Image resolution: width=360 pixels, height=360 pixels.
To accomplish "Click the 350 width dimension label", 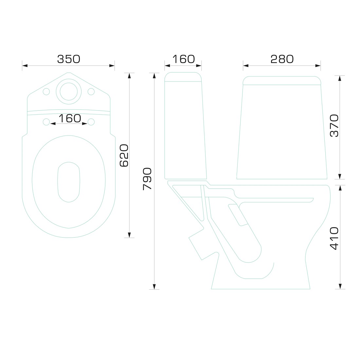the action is click(x=69, y=59).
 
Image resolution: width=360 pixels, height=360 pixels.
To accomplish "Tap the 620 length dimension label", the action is click(x=124, y=155).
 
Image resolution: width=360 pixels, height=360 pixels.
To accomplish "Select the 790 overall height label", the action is click(x=147, y=179).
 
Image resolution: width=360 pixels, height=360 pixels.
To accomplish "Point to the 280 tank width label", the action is click(x=282, y=59).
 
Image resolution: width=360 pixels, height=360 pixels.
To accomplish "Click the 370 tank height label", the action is click(x=334, y=126).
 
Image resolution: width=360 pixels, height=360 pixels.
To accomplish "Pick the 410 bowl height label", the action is click(x=334, y=238).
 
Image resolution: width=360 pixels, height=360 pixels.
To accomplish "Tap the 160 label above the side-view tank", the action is click(x=184, y=59).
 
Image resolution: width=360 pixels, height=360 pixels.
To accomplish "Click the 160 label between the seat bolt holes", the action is click(x=70, y=118).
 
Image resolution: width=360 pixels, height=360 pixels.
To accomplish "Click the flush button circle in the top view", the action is click(x=69, y=91).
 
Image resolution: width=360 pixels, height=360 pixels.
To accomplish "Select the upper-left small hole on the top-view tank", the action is click(x=46, y=92).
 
